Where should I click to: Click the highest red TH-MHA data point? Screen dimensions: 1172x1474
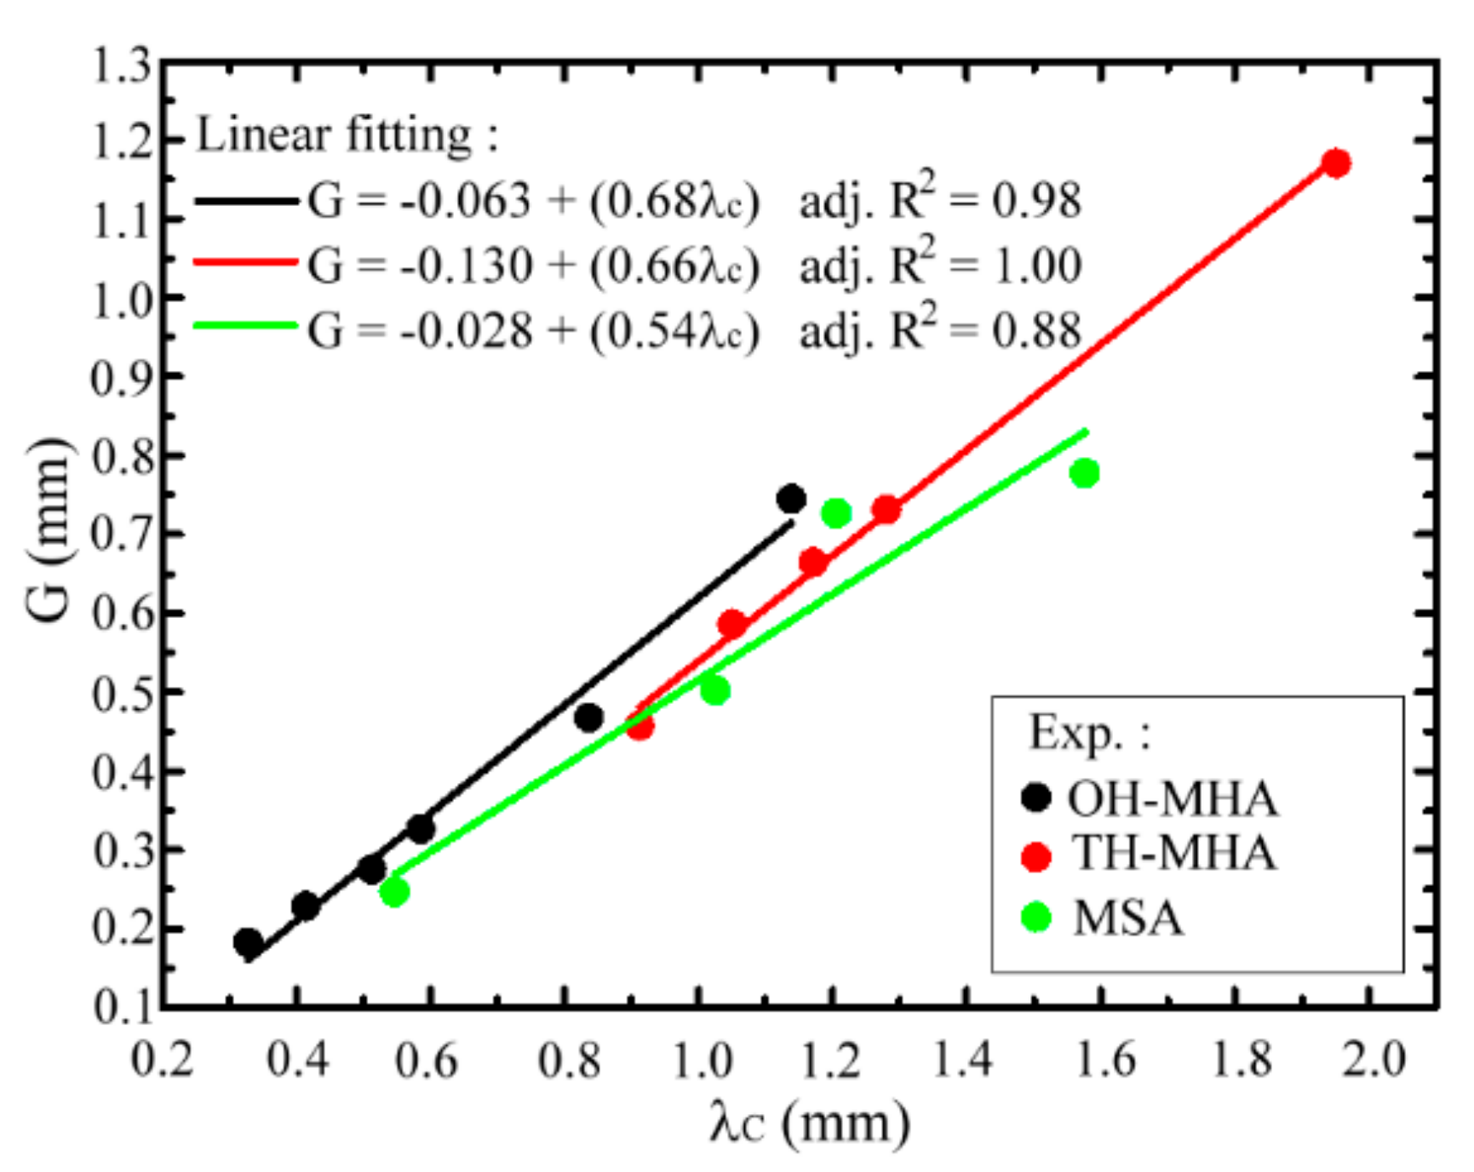1336,163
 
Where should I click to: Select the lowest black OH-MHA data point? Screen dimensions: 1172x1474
248,942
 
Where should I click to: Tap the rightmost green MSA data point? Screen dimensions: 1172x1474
1084,472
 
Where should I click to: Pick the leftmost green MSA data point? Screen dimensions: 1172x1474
393,892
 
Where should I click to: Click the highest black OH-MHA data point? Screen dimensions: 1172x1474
791,499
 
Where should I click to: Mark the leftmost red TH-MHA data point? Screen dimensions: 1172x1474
639,726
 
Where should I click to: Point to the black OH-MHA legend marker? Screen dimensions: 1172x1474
1036,798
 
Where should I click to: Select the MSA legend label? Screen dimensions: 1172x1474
1128,918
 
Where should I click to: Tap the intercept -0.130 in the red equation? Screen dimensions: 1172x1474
466,266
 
